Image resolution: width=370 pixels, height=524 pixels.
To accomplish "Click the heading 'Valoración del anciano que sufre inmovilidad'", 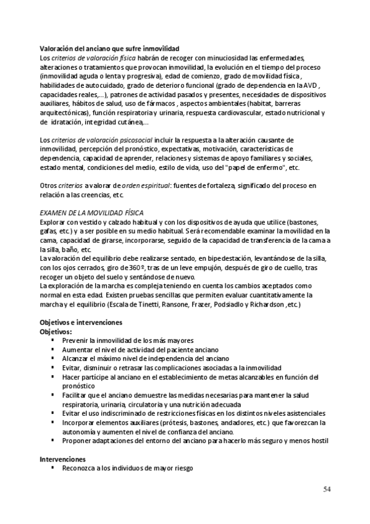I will (x=109, y=48).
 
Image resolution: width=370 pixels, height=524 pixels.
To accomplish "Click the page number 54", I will (x=327, y=489).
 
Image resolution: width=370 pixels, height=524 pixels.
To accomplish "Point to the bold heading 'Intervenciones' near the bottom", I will (x=62, y=460).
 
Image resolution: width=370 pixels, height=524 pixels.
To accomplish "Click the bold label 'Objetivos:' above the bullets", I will (x=56, y=332).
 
